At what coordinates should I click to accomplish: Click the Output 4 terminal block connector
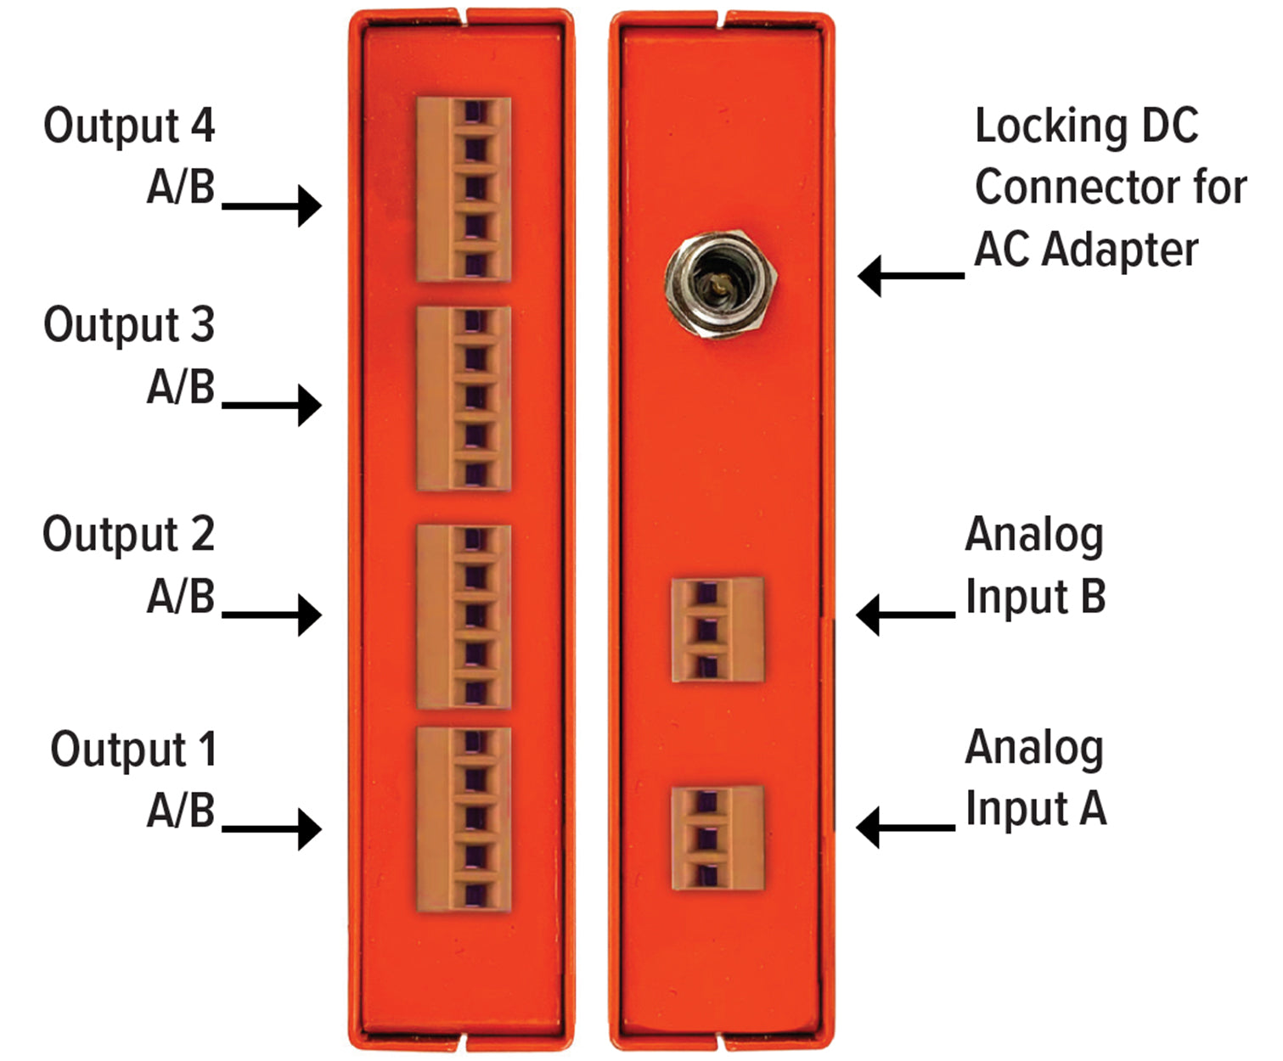464,189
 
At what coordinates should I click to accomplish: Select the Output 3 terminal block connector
464,398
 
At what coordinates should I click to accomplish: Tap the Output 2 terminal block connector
464,616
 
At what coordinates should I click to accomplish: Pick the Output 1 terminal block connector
464,819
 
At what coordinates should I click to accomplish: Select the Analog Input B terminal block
717,630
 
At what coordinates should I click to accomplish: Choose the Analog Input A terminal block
717,838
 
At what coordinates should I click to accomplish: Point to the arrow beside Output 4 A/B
272,205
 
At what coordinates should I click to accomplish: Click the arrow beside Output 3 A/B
272,405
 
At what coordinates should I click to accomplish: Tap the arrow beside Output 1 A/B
272,828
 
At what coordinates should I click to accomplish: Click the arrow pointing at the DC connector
910,276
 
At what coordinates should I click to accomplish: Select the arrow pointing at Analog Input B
905,615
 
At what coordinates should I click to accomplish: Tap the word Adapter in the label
1120,251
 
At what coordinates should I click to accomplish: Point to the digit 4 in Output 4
202,126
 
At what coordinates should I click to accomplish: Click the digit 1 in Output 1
206,749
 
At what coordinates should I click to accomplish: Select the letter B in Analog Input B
1094,597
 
